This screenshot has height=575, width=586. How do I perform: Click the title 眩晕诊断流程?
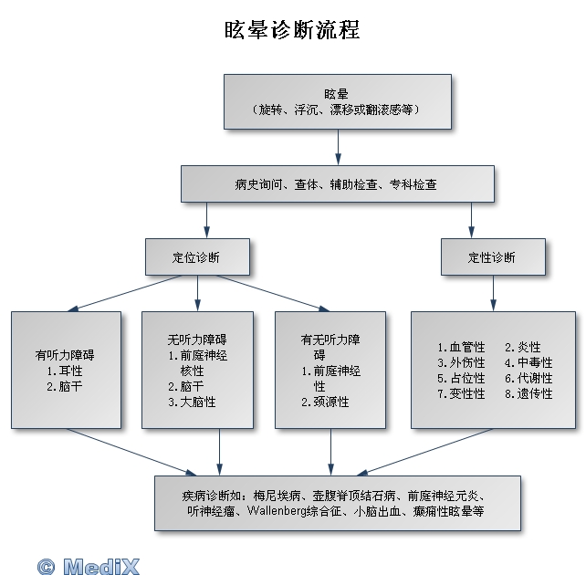pyautogui.click(x=292, y=31)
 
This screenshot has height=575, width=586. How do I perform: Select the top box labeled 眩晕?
pyautogui.click(x=338, y=100)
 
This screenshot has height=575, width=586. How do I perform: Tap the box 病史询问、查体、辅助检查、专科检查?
pyautogui.click(x=337, y=183)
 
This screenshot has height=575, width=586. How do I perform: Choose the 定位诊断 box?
pyautogui.click(x=196, y=256)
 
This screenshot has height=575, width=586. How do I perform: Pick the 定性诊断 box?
pyautogui.click(x=493, y=256)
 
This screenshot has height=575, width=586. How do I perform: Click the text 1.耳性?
pyautogui.click(x=65, y=371)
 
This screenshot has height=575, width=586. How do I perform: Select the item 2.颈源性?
pyautogui.click(x=325, y=402)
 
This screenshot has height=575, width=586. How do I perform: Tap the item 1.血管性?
pyautogui.click(x=461, y=348)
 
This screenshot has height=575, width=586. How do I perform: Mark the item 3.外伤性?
pyautogui.click(x=461, y=363)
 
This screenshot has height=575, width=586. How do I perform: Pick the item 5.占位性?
pyautogui.click(x=461, y=379)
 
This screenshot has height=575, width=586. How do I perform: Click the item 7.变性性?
pyautogui.click(x=461, y=394)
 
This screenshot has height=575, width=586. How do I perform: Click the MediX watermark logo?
pyautogui.click(x=89, y=566)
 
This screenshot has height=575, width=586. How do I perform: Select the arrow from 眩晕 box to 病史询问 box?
pyautogui.click(x=338, y=146)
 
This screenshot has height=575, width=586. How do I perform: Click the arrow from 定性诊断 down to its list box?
pyautogui.click(x=493, y=292)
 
